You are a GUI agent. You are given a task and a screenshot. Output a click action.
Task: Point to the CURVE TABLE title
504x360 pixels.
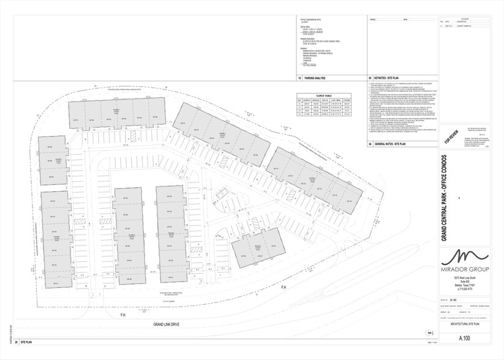pos(325,96)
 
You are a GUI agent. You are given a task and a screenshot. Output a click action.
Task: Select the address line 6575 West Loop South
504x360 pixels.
pos(465,278)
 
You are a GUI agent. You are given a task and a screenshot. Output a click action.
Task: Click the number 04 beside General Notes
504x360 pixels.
pos(370,143)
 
